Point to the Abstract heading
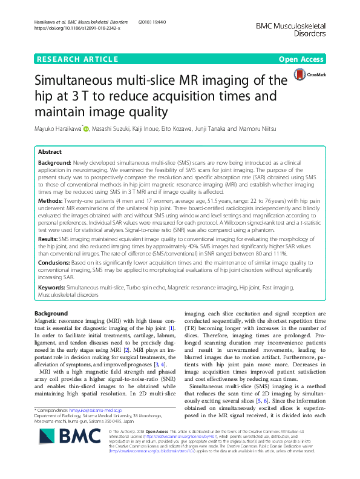coord(51,153)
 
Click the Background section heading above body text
coord(51,313)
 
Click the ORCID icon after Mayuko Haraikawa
coord(86,129)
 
